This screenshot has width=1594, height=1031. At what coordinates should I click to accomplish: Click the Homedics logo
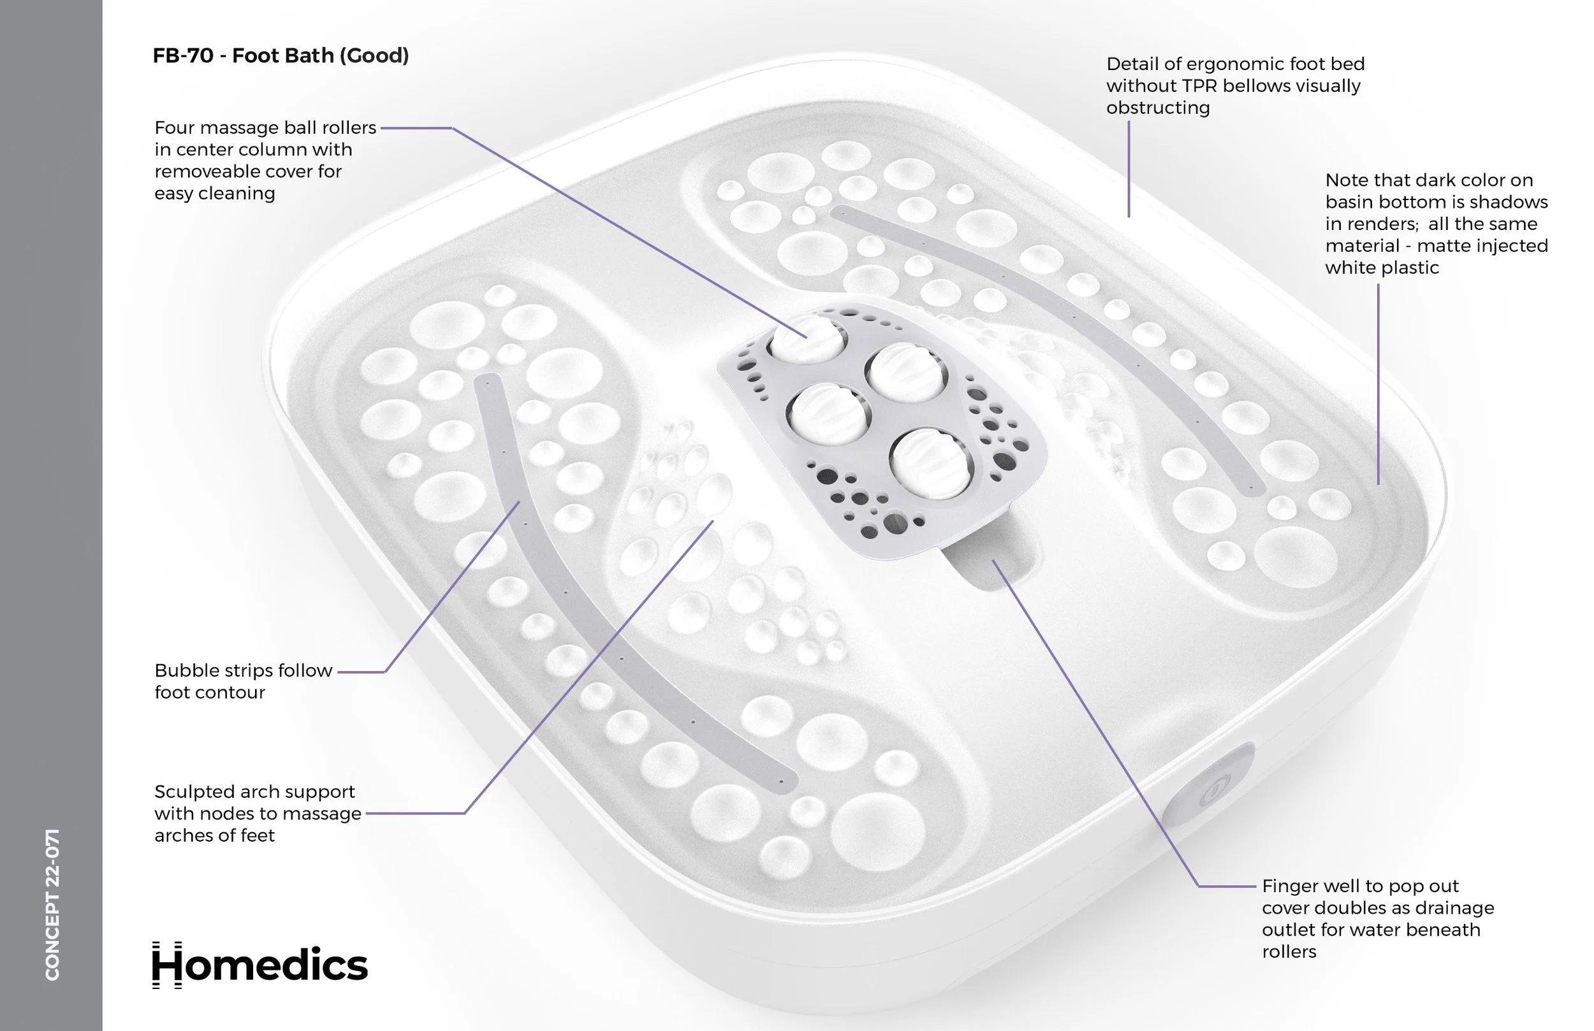260,965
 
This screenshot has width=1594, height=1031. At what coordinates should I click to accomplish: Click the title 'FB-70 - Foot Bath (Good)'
281,55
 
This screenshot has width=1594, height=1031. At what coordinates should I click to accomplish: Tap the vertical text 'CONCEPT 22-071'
52,904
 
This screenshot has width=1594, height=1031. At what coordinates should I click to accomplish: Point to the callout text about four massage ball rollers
265,160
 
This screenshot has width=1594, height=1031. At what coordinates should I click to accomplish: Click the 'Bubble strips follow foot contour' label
242,681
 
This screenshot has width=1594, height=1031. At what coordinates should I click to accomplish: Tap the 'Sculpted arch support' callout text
257,814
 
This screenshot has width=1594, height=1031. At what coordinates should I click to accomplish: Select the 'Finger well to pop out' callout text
1377,918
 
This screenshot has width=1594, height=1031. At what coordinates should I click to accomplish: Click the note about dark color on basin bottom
1436,224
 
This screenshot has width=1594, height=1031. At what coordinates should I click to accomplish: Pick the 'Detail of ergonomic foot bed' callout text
1234,85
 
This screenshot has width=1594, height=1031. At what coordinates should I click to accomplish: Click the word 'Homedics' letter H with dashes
167,965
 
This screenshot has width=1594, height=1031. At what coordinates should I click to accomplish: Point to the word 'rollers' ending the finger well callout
1289,951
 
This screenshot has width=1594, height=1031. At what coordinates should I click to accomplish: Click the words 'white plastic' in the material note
1381,268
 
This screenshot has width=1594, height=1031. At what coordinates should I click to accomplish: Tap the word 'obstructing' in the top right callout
1157,108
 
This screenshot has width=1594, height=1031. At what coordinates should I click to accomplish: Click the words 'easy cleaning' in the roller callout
214,194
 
